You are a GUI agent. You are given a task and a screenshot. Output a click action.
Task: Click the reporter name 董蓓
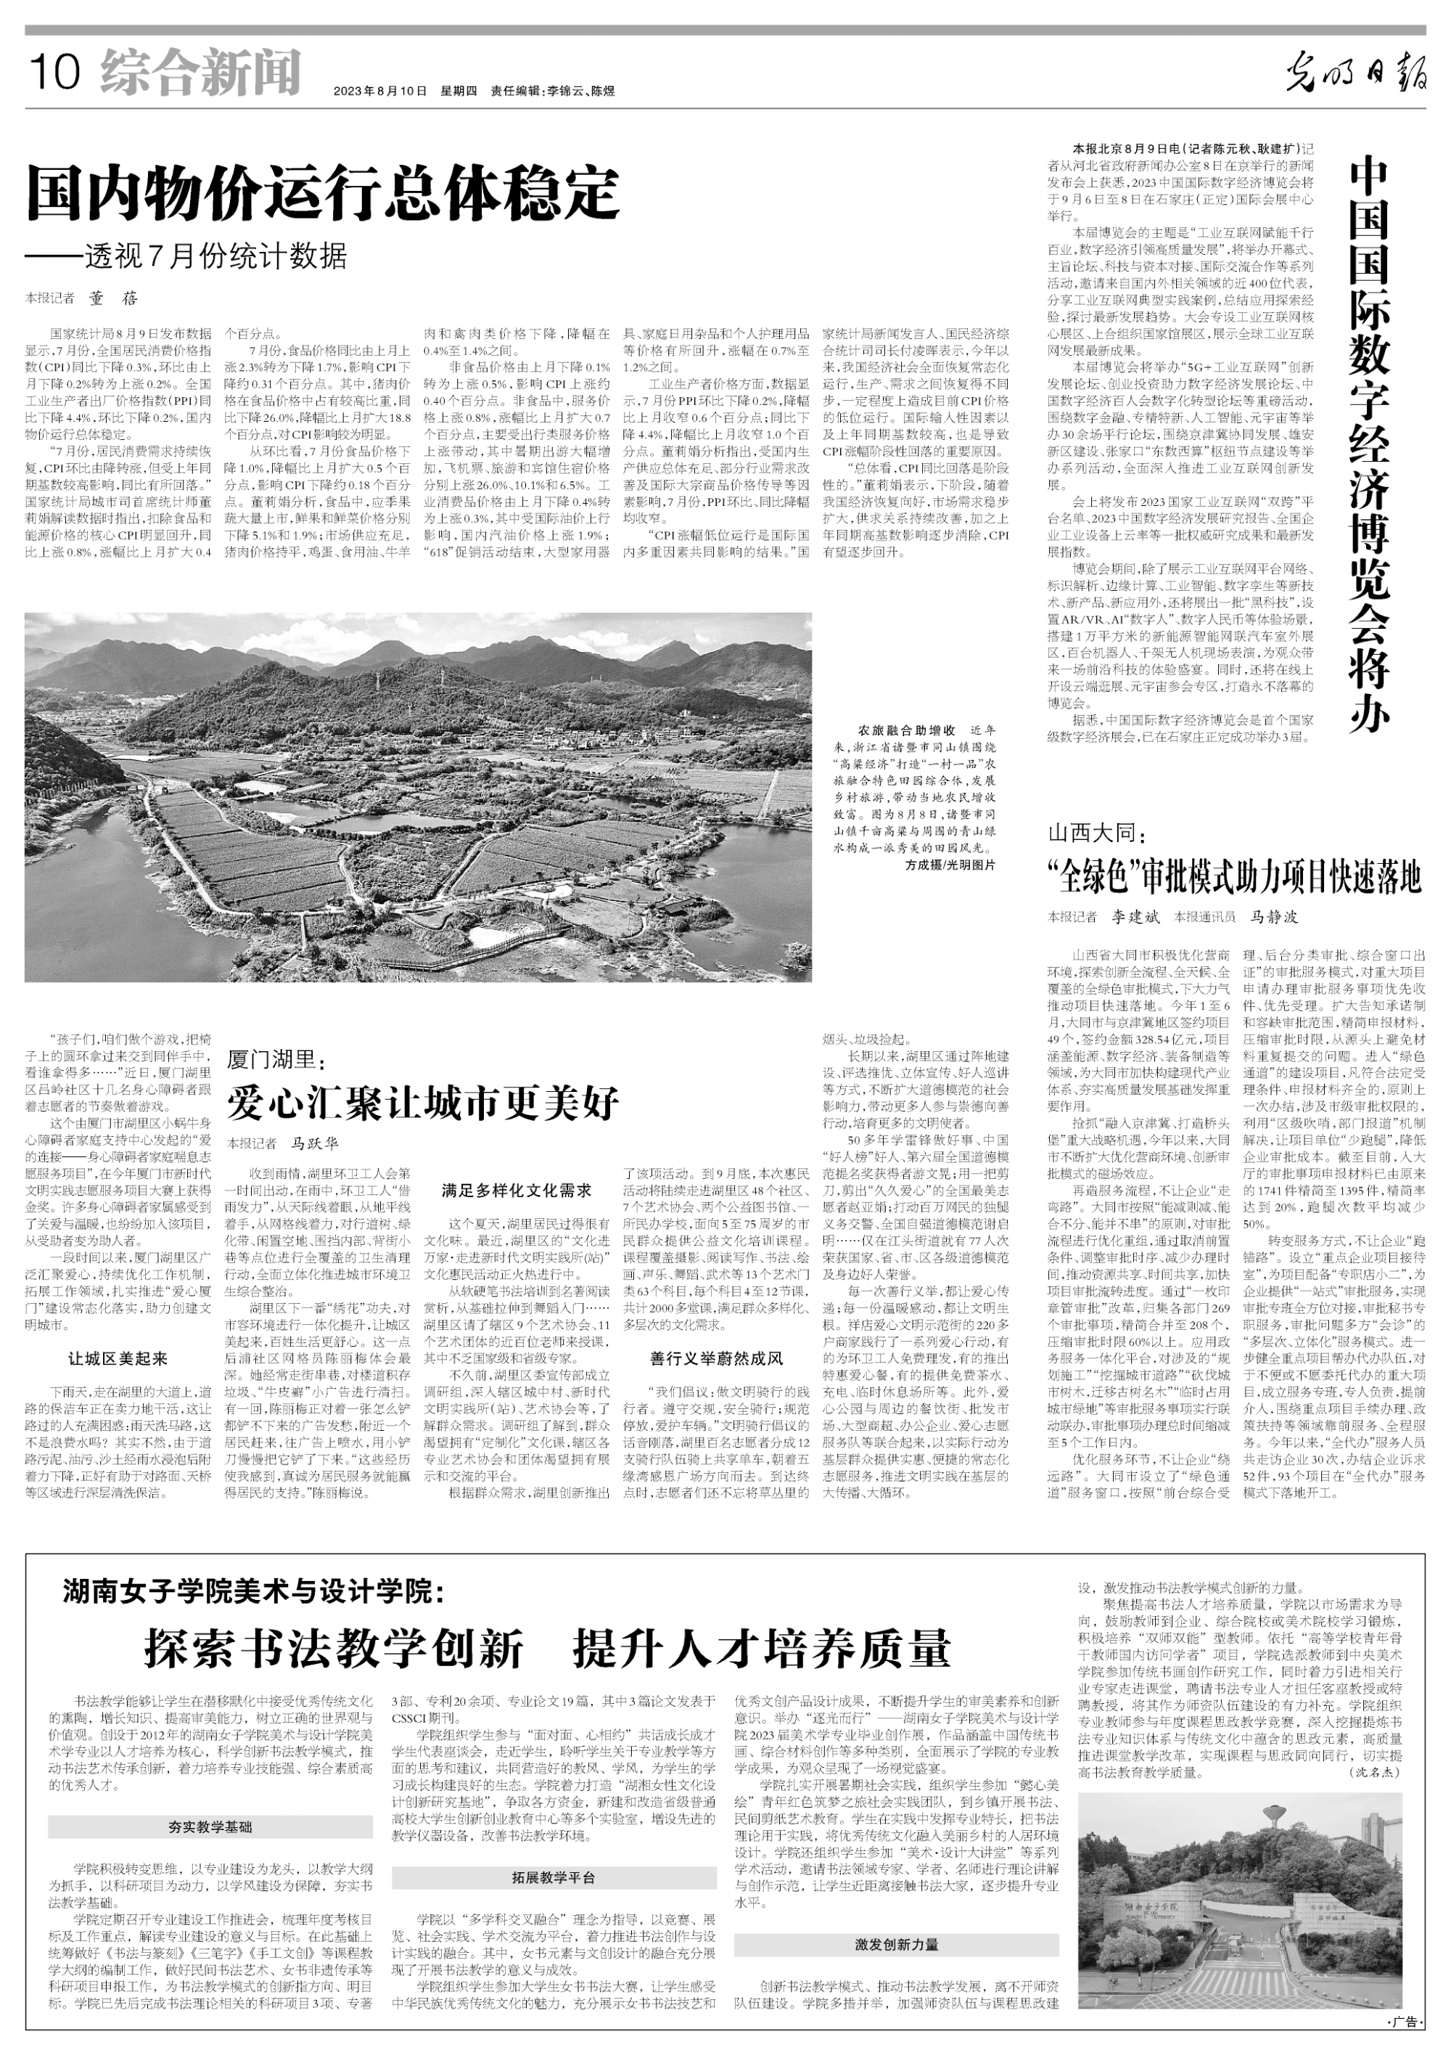pyautogui.click(x=113, y=299)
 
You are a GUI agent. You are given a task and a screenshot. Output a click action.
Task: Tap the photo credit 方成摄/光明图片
pyautogui.click(x=950, y=865)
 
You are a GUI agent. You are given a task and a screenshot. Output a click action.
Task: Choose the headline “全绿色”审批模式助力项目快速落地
pyautogui.click(x=1235, y=876)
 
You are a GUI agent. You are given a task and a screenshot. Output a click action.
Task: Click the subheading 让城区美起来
pyautogui.click(x=118, y=1359)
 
